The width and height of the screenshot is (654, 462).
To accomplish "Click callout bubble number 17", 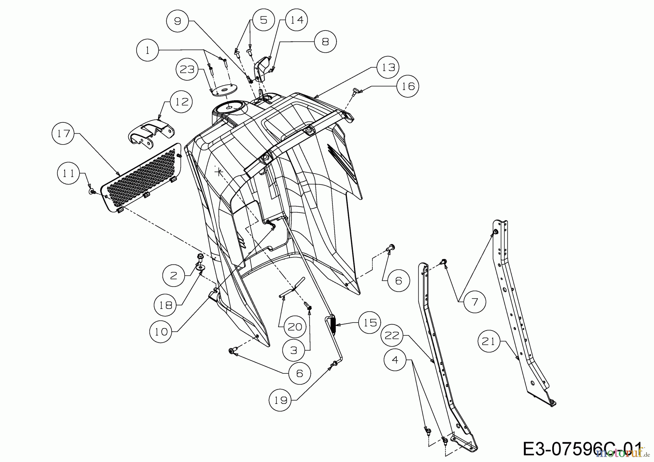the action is [x=64, y=134].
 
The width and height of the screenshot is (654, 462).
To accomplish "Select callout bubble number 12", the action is [x=182, y=102].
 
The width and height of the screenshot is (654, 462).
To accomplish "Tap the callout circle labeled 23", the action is [x=187, y=69].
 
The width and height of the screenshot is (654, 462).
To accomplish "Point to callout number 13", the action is [x=388, y=67].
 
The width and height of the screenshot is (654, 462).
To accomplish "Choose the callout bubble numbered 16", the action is [x=408, y=86].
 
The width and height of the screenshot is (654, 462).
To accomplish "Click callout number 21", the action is [x=489, y=341].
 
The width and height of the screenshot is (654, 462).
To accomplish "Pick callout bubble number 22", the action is [x=392, y=335].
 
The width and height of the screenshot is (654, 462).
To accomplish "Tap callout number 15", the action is [x=370, y=323].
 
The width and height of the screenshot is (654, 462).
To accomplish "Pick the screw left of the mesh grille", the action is [x=92, y=190].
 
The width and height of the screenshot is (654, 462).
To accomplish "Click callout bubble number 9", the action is [x=177, y=21].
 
